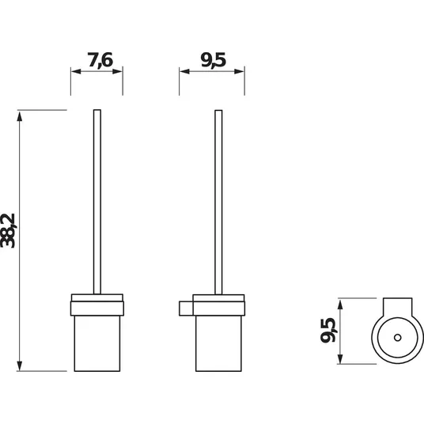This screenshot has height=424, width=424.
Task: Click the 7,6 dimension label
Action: [x=100, y=60]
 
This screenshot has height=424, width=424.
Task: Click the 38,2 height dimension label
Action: [x=8, y=230]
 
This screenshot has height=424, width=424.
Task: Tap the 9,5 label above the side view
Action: [x=213, y=60]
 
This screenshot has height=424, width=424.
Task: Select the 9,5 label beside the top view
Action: [x=327, y=330]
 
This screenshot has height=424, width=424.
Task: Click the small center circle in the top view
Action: [x=397, y=338]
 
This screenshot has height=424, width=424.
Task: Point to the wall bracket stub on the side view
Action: [x=186, y=309]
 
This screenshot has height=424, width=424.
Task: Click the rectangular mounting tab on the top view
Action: [x=397, y=307]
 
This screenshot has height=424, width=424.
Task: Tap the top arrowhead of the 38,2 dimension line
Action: [x=20, y=116]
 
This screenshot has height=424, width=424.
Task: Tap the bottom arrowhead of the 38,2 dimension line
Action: [x=20, y=365]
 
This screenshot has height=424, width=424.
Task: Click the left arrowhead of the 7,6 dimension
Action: [x=76, y=71]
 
